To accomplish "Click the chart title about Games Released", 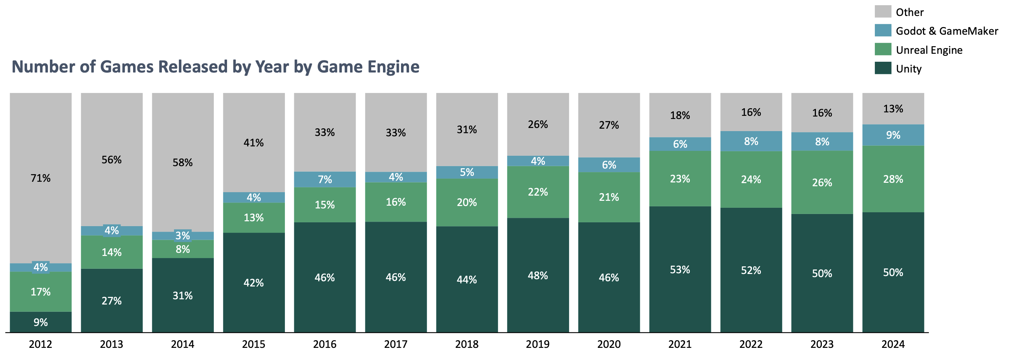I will point(215,67).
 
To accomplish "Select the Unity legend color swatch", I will point(883,68).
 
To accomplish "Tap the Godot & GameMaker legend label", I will point(947,31).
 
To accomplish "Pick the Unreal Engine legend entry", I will point(929,50).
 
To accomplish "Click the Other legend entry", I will point(909,12).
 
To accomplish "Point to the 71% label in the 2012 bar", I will point(41,178).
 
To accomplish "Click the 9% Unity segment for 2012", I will point(41,322).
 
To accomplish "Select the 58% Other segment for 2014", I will point(183,162).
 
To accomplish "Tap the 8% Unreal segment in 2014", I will point(183,249).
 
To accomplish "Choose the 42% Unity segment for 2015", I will point(254,283).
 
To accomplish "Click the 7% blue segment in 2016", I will point(325,179).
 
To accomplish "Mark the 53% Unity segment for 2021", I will point(680,270).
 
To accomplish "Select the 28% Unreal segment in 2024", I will point(893,179).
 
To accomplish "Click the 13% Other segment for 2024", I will point(893,109).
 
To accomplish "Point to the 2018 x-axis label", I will point(467,344).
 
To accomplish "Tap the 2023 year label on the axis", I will point(822,344).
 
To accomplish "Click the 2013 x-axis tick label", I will point(111,344).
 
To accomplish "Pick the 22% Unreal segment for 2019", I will point(538,192).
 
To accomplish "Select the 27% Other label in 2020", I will point(609,125).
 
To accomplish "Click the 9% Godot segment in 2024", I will point(893,135).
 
